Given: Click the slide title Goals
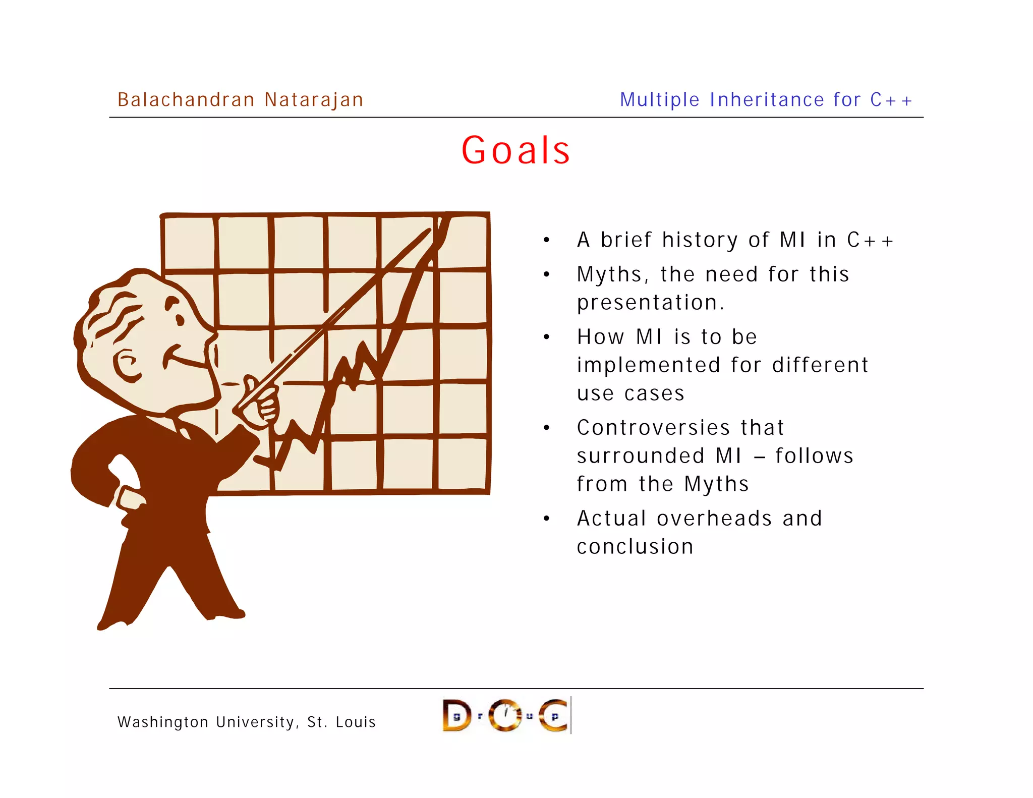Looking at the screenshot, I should click(x=515, y=150).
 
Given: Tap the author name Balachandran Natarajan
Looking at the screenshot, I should click(x=240, y=100).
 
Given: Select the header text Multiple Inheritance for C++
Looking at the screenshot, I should click(x=766, y=100).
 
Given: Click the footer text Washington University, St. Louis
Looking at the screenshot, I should click(x=247, y=722).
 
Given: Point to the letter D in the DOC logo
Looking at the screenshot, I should click(x=456, y=715).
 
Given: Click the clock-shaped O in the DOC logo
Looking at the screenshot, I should click(x=505, y=715).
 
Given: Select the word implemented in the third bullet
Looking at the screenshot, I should click(x=649, y=365).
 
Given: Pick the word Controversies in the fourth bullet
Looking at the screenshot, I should click(x=653, y=428).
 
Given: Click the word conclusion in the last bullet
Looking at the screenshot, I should click(x=635, y=547).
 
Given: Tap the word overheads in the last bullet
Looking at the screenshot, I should click(x=714, y=519).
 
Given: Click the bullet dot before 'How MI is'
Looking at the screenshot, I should click(x=546, y=337).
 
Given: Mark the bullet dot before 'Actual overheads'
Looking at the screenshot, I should click(x=546, y=519).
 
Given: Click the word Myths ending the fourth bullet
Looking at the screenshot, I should click(x=716, y=484).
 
